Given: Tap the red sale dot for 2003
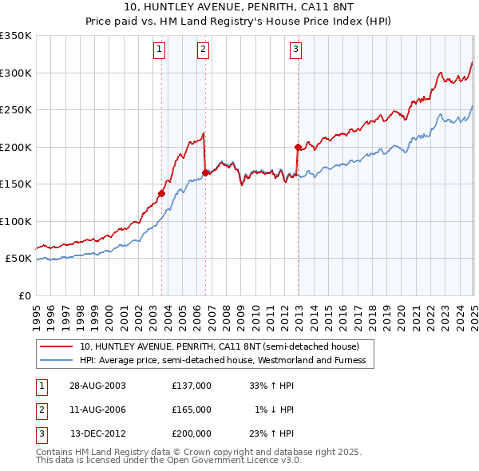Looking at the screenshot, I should click(161, 193).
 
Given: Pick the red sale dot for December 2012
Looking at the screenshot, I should click(298, 147).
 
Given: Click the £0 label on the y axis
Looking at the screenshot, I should click(24, 295).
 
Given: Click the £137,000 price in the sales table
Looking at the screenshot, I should click(192, 385).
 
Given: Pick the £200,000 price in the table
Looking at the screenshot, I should click(192, 434).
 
